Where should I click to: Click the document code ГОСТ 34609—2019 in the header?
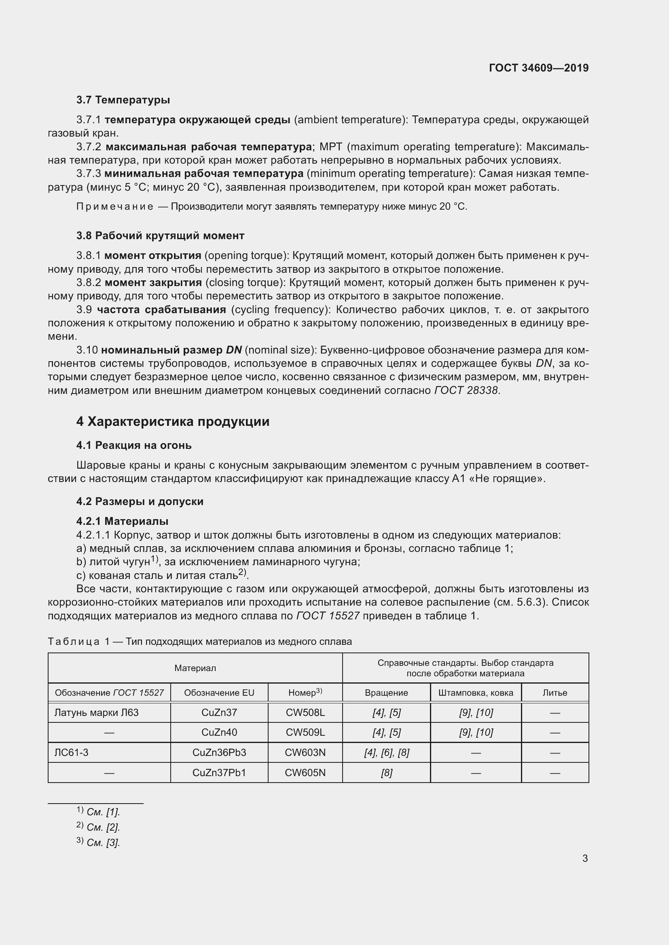click(538, 68)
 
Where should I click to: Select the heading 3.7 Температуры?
click(123, 100)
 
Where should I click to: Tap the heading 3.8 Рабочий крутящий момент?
click(160, 236)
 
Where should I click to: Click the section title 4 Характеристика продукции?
click(173, 422)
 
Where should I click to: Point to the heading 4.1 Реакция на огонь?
click(134, 445)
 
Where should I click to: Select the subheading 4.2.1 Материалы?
click(122, 521)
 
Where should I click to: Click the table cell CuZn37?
click(219, 712)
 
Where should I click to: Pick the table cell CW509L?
click(305, 732)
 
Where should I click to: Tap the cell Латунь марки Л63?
click(96, 712)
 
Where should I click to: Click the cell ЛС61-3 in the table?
click(71, 752)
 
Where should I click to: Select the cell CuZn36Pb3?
click(219, 752)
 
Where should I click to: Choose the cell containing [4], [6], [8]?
click(386, 752)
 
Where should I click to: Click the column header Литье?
click(555, 693)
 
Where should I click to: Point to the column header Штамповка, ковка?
click(476, 693)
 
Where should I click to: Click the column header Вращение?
click(386, 693)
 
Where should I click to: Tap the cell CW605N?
click(305, 772)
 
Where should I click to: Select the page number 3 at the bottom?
click(585, 859)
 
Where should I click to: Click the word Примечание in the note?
click(115, 206)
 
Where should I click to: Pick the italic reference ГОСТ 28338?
click(466, 390)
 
